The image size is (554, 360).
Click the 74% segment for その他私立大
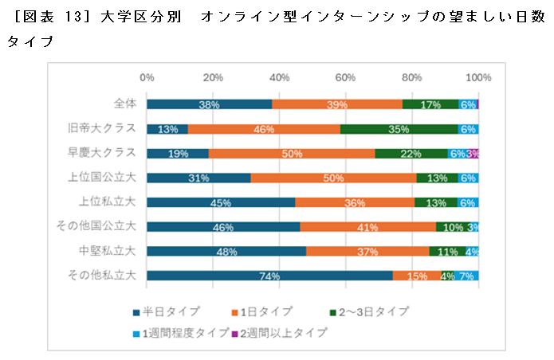click(x=269, y=276)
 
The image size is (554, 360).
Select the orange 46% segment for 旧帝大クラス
click(x=264, y=129)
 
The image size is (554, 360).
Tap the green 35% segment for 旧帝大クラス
click(x=399, y=129)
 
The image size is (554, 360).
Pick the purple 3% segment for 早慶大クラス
click(x=473, y=153)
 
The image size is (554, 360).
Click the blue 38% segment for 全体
click(x=209, y=104)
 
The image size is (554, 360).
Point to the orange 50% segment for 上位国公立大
click(x=333, y=178)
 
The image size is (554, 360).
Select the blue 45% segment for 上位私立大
click(x=221, y=202)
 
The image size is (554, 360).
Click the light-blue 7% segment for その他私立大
click(x=466, y=276)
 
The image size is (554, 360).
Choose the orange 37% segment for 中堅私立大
click(x=367, y=251)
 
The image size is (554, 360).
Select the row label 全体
click(x=125, y=104)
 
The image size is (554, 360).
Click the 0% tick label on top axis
click(x=147, y=77)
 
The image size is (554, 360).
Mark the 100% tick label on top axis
click(x=477, y=77)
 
